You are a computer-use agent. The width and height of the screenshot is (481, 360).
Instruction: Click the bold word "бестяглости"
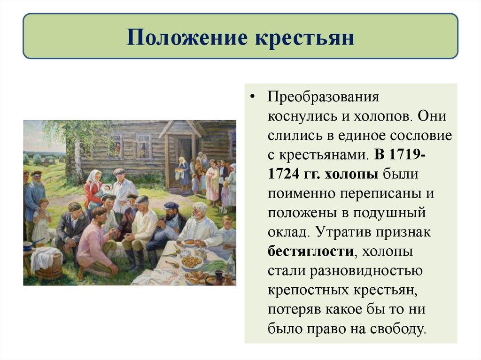310,251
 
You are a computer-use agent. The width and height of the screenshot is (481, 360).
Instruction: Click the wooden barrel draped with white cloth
47,263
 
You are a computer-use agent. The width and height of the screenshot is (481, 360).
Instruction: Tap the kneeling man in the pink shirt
96,239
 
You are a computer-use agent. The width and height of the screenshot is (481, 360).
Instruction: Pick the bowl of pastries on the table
192,262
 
